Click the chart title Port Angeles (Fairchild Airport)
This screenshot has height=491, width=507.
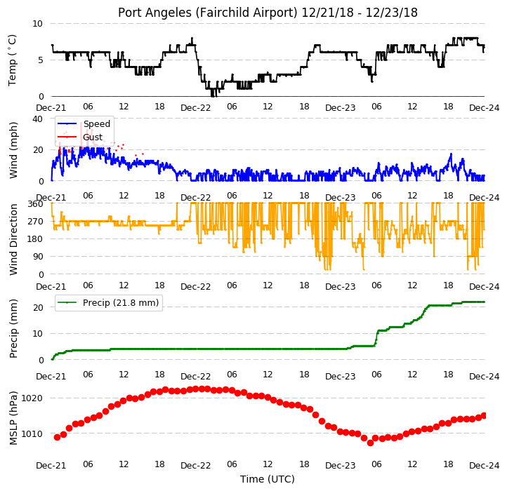(208, 13)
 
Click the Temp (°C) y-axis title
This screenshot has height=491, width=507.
(12, 60)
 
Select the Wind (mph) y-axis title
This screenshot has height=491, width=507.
(13, 150)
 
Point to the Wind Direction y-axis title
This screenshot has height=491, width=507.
(13, 239)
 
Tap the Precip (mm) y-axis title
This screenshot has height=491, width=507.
(13, 329)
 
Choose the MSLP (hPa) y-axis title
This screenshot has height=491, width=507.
(13, 418)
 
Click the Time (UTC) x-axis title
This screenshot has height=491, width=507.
(268, 479)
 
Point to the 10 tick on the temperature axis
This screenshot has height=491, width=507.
(37, 24)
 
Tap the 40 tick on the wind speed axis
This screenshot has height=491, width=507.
(37, 119)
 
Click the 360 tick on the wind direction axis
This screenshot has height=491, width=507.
(35, 204)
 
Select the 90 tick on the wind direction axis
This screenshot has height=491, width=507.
(38, 257)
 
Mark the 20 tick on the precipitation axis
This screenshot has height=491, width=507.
(38, 307)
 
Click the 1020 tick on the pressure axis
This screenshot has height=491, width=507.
(32, 398)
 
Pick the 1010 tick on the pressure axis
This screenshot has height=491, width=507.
(32, 433)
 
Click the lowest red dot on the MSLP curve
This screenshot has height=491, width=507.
(370, 443)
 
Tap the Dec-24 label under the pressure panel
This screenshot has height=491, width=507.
(484, 466)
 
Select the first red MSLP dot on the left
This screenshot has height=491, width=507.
(58, 437)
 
